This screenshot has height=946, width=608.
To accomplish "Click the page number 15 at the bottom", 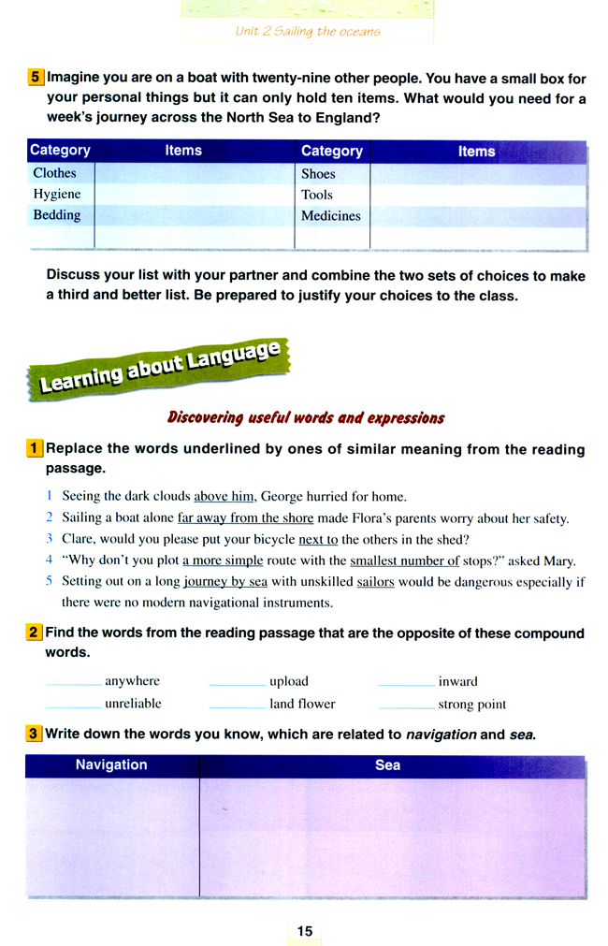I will click(x=305, y=930).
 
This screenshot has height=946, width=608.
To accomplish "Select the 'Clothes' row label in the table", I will click(x=55, y=173).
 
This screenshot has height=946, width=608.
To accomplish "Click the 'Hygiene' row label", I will click(x=57, y=194).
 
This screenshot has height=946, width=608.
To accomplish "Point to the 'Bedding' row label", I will click(x=57, y=214).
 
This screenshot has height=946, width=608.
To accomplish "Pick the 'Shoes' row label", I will click(x=318, y=174).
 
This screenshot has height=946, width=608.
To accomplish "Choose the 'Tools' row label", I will click(x=317, y=195).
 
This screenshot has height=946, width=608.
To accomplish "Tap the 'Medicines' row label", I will click(x=331, y=215).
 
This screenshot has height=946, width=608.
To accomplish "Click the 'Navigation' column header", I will click(x=111, y=764).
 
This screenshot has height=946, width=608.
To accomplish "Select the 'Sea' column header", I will click(x=387, y=764).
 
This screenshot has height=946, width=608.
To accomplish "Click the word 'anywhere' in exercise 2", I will click(x=132, y=681).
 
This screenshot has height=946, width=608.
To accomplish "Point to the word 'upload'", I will click(x=289, y=681).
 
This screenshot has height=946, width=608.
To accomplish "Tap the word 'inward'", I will click(x=457, y=681).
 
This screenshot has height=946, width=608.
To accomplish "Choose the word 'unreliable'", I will click(x=133, y=704).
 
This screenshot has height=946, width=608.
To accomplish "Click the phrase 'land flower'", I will click(x=302, y=704).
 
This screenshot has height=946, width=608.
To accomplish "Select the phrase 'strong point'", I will click(x=472, y=704).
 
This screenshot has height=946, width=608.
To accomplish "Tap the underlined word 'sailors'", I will click(x=375, y=581).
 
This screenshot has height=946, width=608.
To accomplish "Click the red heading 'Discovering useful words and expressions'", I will click(x=305, y=417).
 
